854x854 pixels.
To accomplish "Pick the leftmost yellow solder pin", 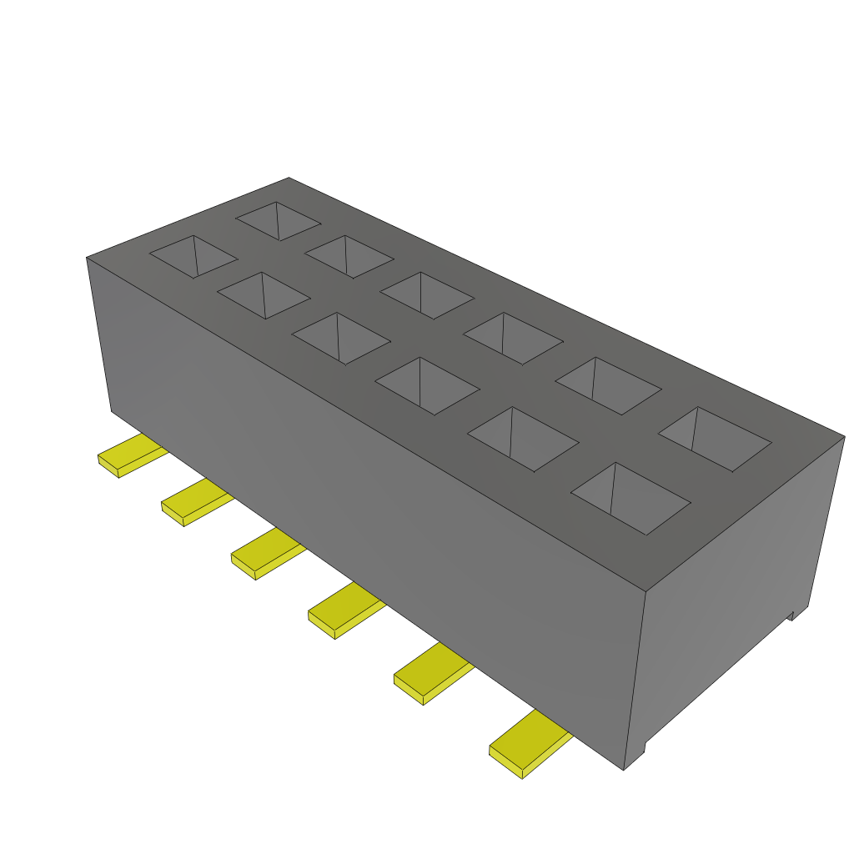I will coord(129,456).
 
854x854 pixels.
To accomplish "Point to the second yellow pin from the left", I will coord(193,504).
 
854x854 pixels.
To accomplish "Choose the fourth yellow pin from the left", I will coord(343,610).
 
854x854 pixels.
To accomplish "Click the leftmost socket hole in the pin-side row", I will coord(193,256).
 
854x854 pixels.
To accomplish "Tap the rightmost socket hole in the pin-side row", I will coord(630,498).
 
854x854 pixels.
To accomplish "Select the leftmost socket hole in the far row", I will coord(278,221).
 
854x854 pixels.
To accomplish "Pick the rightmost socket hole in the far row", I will coord(715,439).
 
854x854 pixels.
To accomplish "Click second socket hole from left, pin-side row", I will coord(263,295).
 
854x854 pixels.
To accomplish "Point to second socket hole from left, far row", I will coord(349,256).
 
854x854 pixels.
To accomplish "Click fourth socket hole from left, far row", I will coord(513,338).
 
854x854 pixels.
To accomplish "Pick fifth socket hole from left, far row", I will coord(608,385).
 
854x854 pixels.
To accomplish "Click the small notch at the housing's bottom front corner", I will coord(635,756).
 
